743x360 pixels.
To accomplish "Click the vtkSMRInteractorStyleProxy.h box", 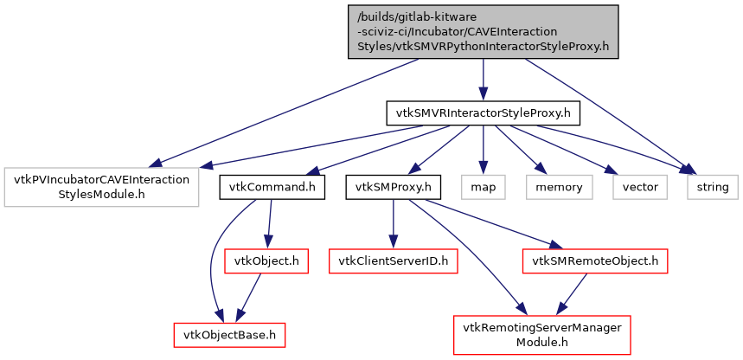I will pyautogui.click(x=483, y=112).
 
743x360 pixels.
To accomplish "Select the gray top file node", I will pyautogui.click(x=484, y=32).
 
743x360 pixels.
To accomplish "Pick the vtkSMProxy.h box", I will pyautogui.click(x=394, y=187).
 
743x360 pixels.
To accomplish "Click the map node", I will pyautogui.click(x=483, y=187).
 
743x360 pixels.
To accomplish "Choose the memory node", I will pyautogui.click(x=554, y=187).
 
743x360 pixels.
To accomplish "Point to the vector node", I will pyautogui.click(x=639, y=187).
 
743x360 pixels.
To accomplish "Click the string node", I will pyautogui.click(x=713, y=187).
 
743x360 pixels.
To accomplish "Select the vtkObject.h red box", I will pyautogui.click(x=266, y=260).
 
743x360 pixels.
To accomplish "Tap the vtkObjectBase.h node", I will pyautogui.click(x=229, y=334).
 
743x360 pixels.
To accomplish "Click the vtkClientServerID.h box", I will pyautogui.click(x=394, y=260).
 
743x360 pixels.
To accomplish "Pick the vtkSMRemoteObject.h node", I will pyautogui.click(x=594, y=260).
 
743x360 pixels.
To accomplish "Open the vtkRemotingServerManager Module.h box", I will pyautogui.click(x=543, y=334).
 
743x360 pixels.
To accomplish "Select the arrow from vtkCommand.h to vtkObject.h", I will pyautogui.click(x=270, y=223).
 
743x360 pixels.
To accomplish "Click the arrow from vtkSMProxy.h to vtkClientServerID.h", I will pyautogui.click(x=394, y=223).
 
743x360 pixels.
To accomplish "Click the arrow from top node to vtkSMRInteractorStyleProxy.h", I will pyautogui.click(x=483, y=80).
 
